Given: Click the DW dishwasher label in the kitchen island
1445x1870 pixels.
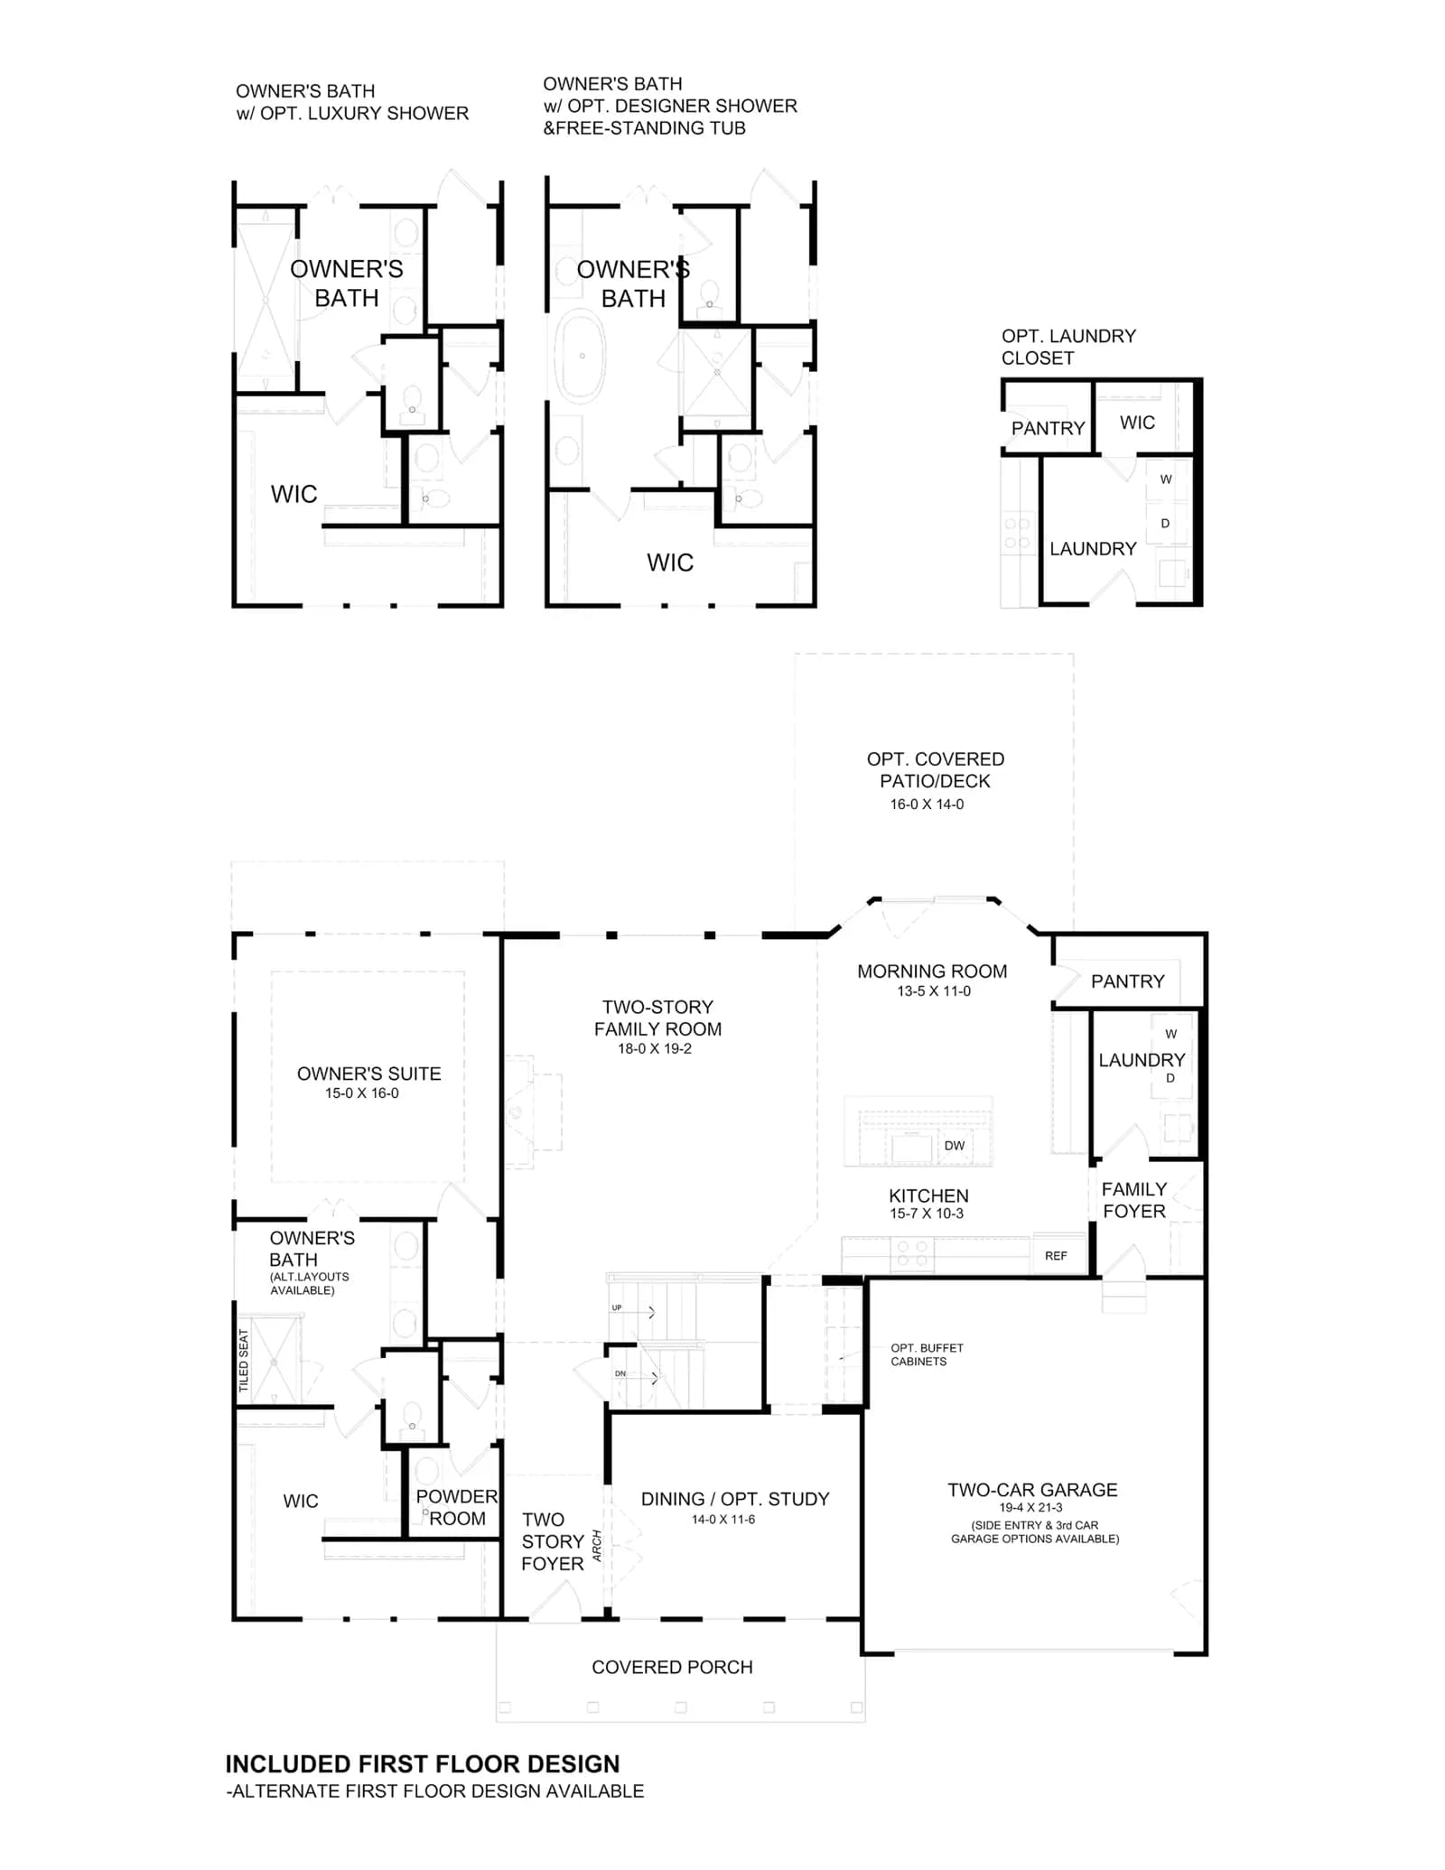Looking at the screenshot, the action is [x=954, y=1146].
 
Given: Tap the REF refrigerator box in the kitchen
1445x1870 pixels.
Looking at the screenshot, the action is [x=1058, y=1254].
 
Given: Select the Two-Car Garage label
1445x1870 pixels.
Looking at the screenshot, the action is [x=1032, y=1490].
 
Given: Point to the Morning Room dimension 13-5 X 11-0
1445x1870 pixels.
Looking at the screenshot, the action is [x=934, y=991].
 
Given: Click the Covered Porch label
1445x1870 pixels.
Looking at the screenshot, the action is [x=672, y=1668].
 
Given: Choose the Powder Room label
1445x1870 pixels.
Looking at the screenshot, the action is [x=457, y=1508].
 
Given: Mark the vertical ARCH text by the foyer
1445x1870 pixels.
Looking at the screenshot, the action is [x=597, y=1546].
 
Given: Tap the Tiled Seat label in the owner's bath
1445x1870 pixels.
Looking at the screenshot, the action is [x=243, y=1360].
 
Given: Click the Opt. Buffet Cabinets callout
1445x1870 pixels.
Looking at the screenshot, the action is [x=927, y=1354].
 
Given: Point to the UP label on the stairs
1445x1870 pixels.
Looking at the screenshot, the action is [x=617, y=1307].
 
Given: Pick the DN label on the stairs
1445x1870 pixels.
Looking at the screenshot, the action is [x=620, y=1373].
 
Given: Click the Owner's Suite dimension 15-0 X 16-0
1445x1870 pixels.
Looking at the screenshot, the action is [x=362, y=1093].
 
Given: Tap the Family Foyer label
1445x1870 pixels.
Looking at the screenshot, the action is [x=1134, y=1200].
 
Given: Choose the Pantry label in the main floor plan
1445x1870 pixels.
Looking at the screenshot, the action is [x=1127, y=982].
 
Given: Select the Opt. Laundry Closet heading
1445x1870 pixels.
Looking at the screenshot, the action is [x=1068, y=347].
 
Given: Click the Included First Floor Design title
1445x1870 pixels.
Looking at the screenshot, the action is [x=423, y=1764].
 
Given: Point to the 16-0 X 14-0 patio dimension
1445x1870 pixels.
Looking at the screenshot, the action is [x=927, y=805].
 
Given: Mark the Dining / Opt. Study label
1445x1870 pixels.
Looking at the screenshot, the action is [x=735, y=1499].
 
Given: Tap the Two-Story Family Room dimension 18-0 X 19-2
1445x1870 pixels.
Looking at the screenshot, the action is [x=655, y=1049].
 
